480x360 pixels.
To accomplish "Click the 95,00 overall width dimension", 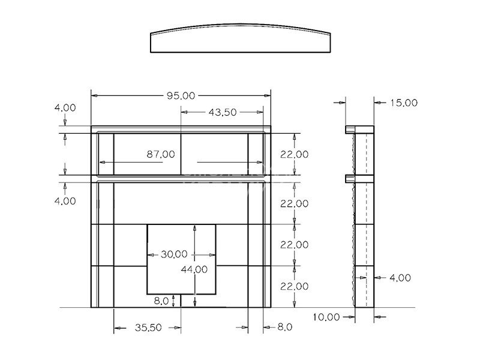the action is point(181,96).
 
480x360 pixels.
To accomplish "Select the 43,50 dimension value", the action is point(223,112).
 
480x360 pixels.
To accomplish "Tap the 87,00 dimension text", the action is point(161,154).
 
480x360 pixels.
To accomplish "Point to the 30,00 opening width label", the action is point(174,254).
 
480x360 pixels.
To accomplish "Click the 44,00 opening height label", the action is point(194,269).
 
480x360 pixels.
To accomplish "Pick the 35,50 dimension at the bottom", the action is point(148,328).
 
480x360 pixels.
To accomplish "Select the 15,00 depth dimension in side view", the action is point(404,103).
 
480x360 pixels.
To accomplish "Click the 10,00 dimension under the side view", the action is point(326,317).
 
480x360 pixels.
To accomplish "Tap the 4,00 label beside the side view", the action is point(400,278).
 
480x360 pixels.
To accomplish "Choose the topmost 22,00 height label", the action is point(294,154).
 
